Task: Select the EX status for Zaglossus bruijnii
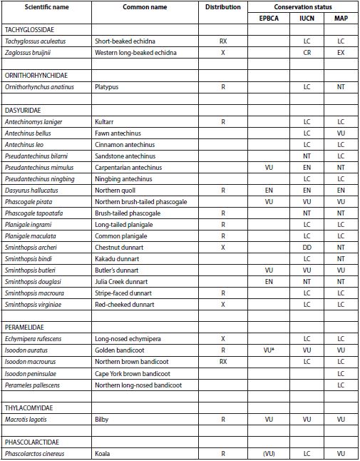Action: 340,54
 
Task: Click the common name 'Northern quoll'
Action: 115,191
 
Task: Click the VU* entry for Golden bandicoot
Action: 269,351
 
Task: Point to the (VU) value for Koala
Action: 269,453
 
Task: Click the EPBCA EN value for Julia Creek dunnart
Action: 269,282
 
